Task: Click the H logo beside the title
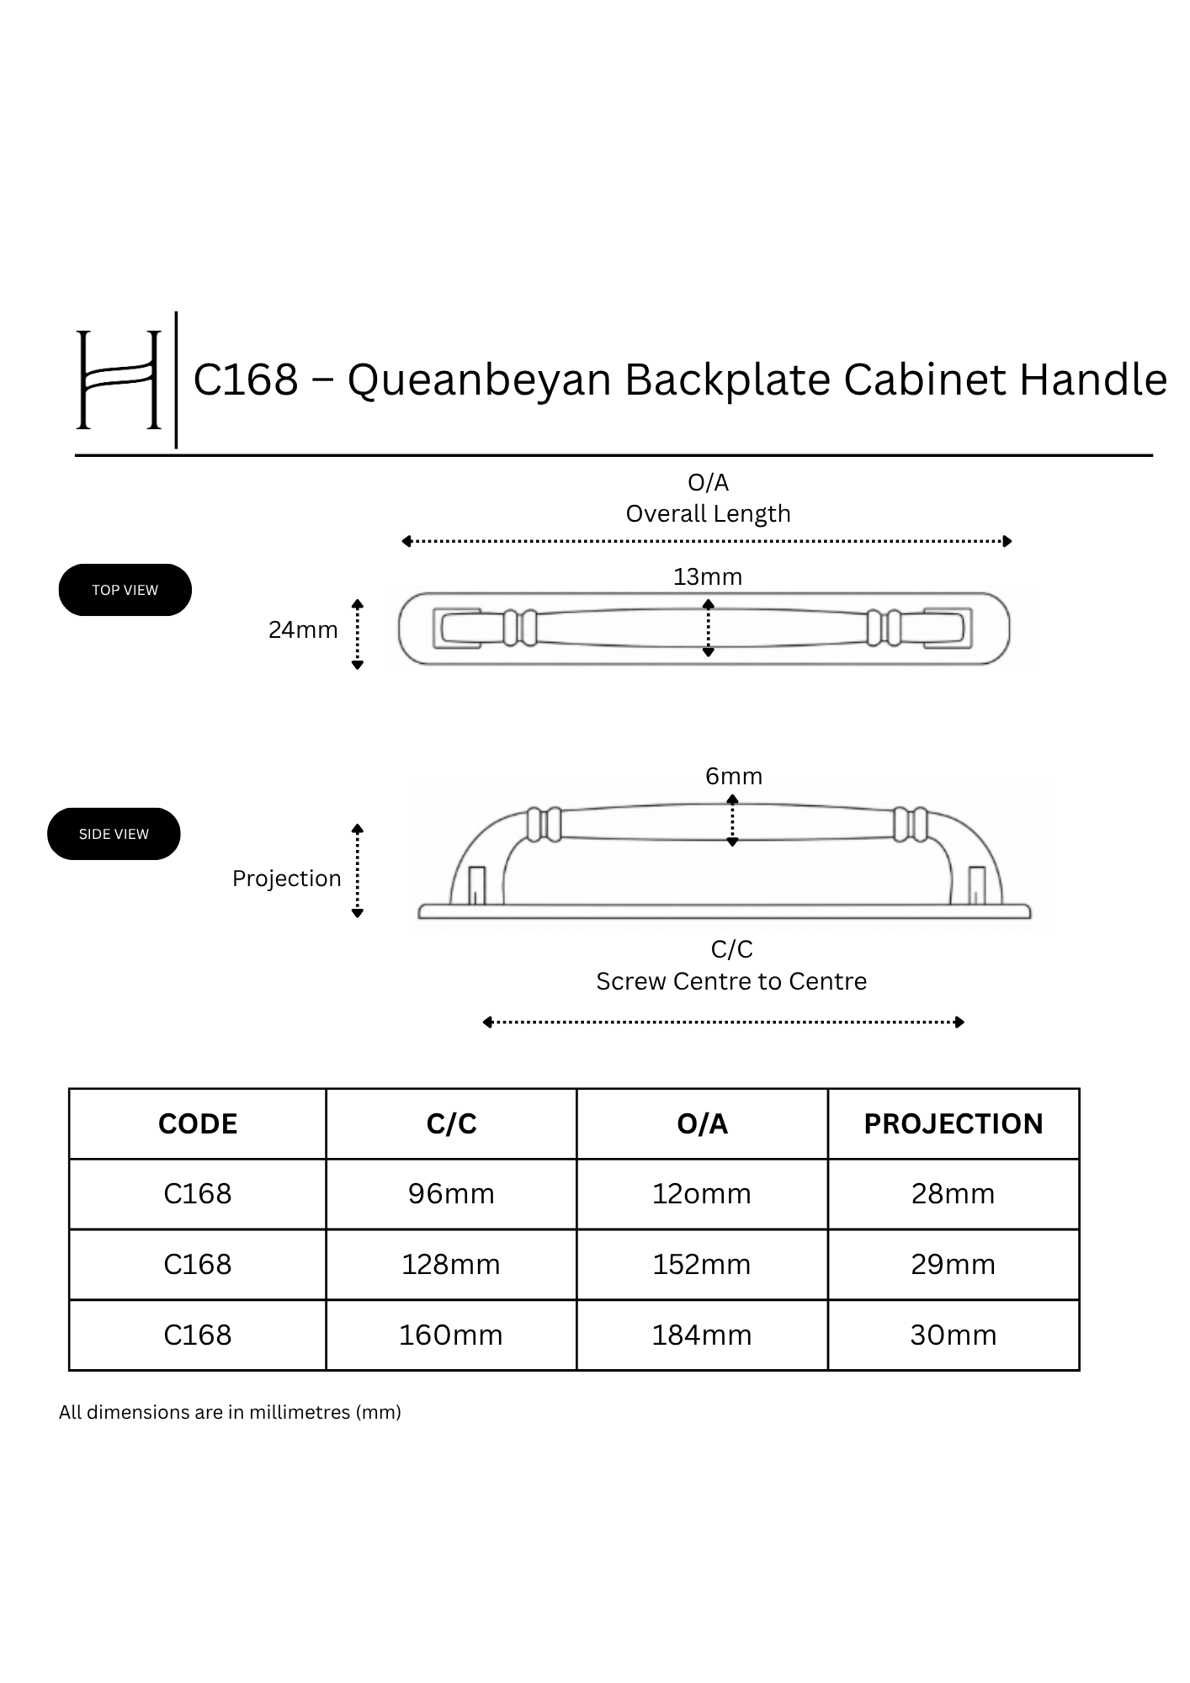119,380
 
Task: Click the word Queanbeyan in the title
479,380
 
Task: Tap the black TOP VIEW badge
125,590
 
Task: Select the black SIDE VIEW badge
114,834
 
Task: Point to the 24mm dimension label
303,629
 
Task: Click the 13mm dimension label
708,576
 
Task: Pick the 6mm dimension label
734,776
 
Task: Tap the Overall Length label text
708,513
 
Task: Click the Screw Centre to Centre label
731,981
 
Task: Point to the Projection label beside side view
287,879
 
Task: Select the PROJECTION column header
954,1124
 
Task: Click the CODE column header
198,1124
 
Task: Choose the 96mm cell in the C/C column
451,1194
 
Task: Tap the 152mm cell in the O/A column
702,1265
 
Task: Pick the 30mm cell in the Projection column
954,1335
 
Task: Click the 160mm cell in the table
451,1335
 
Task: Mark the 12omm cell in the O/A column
702,1194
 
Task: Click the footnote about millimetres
230,1412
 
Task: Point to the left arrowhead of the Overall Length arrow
406,541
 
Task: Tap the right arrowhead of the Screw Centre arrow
960,1022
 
